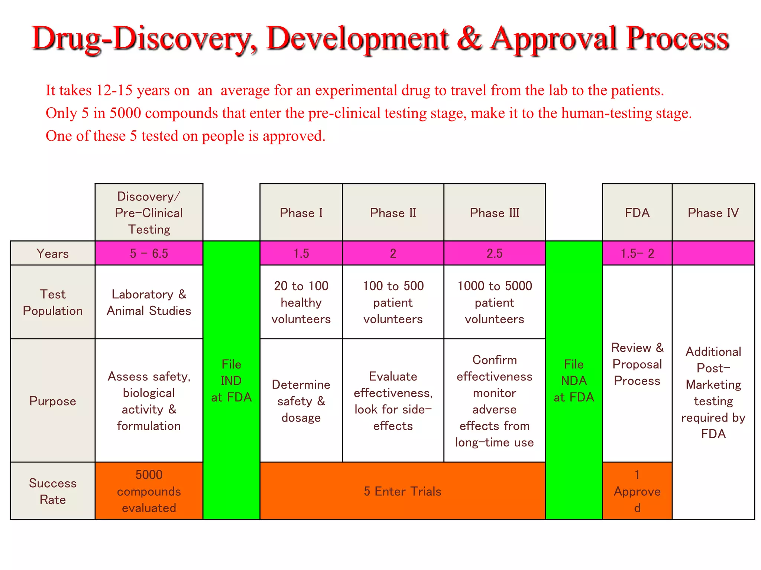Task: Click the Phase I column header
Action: coord(301,213)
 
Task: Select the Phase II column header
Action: coord(393,213)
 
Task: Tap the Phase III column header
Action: coord(494,213)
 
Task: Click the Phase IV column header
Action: coord(713,213)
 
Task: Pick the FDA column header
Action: coord(637,213)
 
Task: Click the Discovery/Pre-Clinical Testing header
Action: coord(149,213)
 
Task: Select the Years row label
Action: coord(52,253)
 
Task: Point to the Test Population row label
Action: coord(52,302)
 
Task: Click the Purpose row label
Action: coord(52,401)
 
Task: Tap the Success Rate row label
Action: coord(52,491)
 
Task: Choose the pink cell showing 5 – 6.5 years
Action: coord(149,253)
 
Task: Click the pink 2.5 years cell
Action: coord(494,253)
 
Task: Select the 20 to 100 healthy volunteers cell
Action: coord(301,302)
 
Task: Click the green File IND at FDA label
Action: coord(231,380)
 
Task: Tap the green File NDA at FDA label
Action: coord(574,380)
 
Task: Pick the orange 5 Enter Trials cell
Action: coord(402,491)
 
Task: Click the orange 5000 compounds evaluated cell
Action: coord(149,491)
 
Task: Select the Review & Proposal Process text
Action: coord(637,364)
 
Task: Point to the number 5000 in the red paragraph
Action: coord(125,113)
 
